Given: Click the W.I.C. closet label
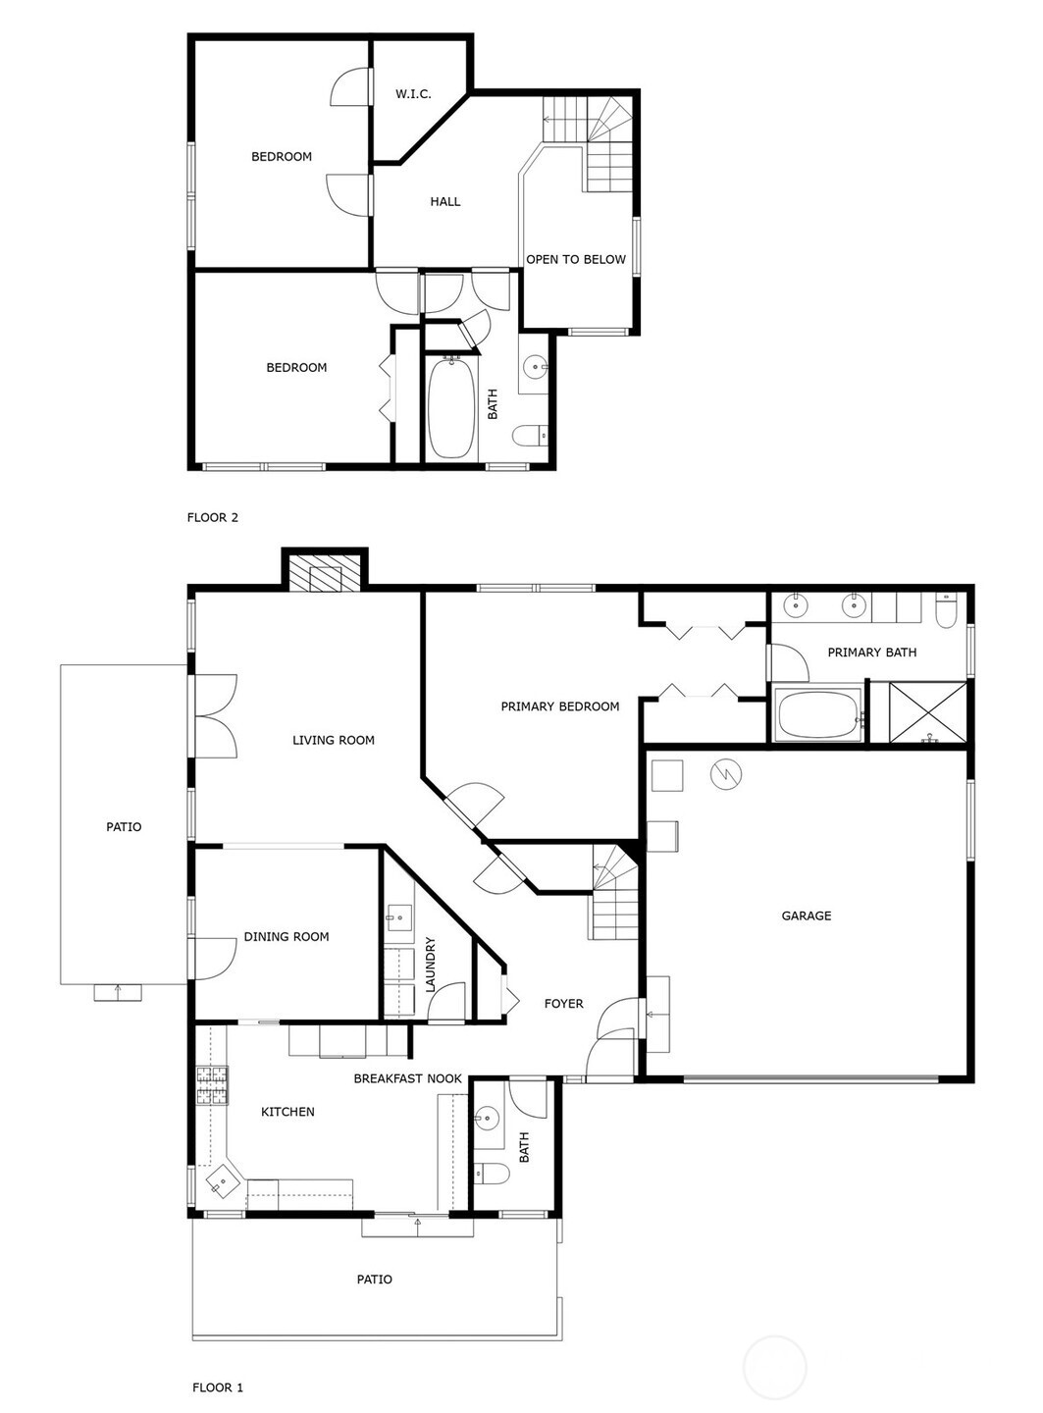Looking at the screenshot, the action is click(413, 94).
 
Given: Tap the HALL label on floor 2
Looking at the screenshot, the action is click(444, 202).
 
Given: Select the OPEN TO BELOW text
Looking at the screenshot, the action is click(575, 259).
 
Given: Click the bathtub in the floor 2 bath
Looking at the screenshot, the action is click(451, 409).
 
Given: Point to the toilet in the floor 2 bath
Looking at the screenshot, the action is click(530, 437).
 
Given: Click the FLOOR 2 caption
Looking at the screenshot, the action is click(212, 517).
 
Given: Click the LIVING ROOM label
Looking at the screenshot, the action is click(334, 740).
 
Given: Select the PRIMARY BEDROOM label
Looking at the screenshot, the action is click(559, 706).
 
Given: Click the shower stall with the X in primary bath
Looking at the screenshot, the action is click(927, 712).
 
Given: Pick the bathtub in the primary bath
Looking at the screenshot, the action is click(817, 713).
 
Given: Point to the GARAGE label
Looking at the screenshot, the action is click(806, 916).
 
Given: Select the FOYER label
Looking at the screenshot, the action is click(563, 1004).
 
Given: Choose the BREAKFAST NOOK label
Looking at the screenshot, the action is click(408, 1078).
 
